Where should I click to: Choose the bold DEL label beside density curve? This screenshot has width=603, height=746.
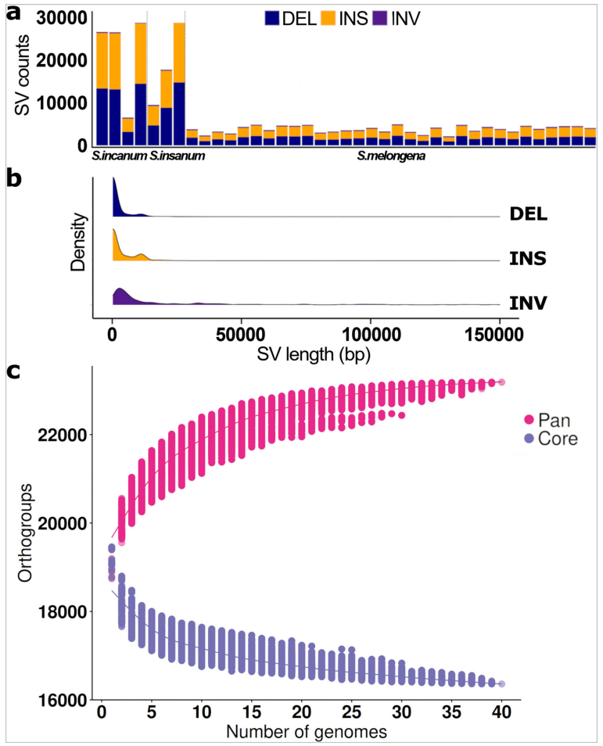coord(528,213)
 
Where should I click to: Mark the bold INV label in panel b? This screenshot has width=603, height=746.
coord(528,301)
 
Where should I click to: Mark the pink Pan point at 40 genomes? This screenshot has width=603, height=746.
coord(501,382)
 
